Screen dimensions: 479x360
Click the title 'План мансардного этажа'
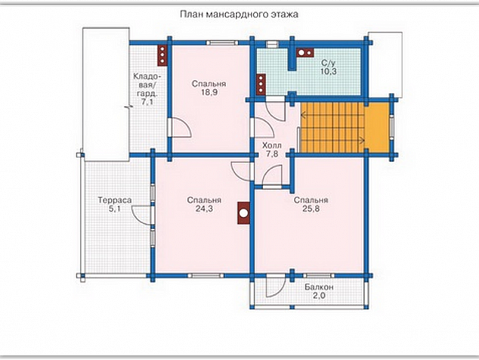[x=239, y=14]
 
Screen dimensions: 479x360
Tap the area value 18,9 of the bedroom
[x=209, y=92]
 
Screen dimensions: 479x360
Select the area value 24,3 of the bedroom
[x=205, y=209]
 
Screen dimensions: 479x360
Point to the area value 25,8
[x=311, y=209]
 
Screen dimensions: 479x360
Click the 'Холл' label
[x=272, y=145]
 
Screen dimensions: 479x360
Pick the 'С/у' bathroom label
[x=329, y=64]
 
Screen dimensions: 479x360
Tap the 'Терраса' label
[x=115, y=200]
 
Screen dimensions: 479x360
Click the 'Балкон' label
[x=319, y=287]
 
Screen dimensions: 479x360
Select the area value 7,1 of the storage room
[x=147, y=102]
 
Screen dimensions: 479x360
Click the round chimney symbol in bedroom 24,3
[x=243, y=213]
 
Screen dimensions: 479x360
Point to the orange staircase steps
[x=332, y=127]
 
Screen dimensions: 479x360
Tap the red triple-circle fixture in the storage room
[x=162, y=55]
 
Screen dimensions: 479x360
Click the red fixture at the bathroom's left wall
[x=261, y=84]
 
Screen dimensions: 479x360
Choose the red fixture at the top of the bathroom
[x=305, y=53]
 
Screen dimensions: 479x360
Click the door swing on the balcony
[x=276, y=286]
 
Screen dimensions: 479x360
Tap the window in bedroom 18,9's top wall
[x=222, y=42]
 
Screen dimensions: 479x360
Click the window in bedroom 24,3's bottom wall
[x=206, y=275]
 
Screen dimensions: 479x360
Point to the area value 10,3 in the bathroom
[x=329, y=72]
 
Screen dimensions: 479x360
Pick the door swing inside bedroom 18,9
[x=181, y=127]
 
